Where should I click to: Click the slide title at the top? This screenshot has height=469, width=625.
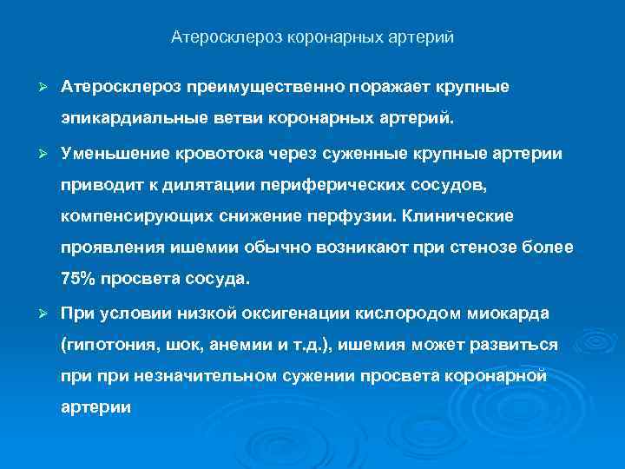pyautogui.click(x=312, y=37)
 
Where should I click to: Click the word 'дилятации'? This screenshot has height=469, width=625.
pyautogui.click(x=221, y=184)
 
